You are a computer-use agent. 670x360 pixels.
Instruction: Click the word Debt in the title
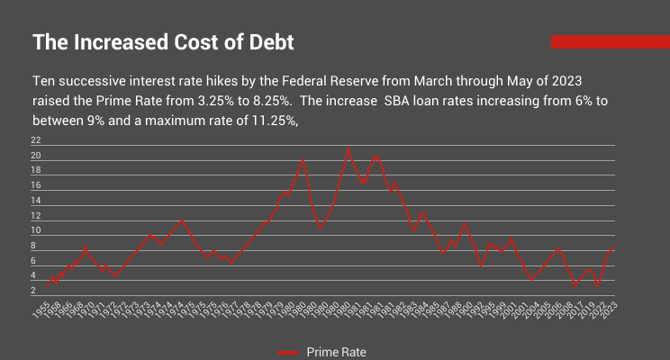coord(267,42)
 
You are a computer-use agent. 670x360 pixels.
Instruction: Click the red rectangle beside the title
coord(610,41)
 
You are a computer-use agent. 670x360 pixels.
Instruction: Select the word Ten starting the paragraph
coord(44,80)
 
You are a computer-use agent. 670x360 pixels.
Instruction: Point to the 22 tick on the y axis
coord(36,140)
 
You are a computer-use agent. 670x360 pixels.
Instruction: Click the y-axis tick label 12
coord(36,216)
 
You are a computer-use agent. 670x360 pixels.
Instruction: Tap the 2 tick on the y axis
coord(36,291)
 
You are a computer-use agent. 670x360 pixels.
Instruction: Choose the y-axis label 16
coord(36,185)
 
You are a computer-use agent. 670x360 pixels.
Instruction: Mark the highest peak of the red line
coord(349,148)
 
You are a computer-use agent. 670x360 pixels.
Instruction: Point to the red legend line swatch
coord(288,352)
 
